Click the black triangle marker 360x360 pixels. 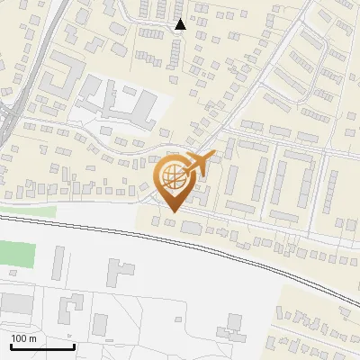tap(180, 24)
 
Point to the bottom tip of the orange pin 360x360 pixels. tap(171, 212)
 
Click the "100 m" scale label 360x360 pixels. tap(24, 338)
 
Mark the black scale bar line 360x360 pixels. tap(41, 347)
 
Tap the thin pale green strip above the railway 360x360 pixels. tap(27, 212)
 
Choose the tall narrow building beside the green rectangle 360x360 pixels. tap(59, 262)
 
